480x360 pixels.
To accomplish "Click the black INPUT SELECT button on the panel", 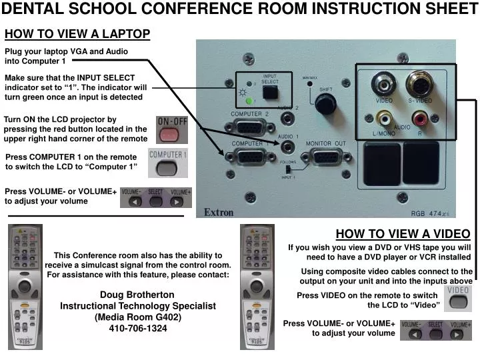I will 270,92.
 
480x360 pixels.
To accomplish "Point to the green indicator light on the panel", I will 248,101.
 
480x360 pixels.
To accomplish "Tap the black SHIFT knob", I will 325,103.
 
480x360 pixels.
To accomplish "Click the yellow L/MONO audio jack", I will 384,118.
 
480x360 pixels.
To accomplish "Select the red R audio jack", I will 421,119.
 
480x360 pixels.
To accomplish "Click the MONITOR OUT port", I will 325,157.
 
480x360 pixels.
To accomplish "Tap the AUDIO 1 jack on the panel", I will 287,145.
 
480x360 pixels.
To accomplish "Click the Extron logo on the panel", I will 219,213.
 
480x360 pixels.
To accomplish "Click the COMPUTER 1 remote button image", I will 168,162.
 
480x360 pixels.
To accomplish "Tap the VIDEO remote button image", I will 457,299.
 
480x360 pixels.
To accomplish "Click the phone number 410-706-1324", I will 138,328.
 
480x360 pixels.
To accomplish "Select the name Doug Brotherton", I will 137,295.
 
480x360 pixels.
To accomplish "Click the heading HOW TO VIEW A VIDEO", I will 403,234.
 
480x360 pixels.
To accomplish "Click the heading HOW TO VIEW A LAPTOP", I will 77,34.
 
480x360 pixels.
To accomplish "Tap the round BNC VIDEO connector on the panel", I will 383,85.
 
